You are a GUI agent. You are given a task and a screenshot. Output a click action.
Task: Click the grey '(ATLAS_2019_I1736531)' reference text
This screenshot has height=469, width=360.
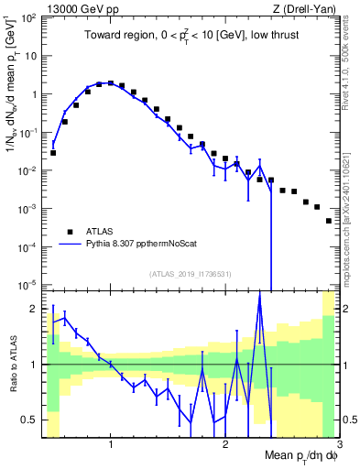tap(190, 274)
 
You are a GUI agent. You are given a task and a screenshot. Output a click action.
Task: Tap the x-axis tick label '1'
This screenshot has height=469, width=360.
tap(111, 444)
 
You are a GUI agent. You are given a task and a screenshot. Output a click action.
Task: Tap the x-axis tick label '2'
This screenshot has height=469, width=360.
tap(225, 444)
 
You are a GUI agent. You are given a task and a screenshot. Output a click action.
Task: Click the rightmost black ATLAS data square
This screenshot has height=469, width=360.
tap(328, 221)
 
